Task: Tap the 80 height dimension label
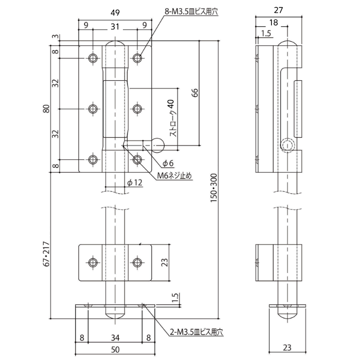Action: (x=47, y=109)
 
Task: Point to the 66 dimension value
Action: (x=194, y=93)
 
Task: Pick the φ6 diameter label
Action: (x=168, y=163)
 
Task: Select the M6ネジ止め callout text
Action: (x=175, y=176)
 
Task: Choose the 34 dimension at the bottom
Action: (x=115, y=338)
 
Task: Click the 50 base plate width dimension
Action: (x=115, y=350)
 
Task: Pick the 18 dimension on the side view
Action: (x=274, y=23)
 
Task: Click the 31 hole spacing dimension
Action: (x=115, y=25)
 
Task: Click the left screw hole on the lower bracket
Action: (x=93, y=263)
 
